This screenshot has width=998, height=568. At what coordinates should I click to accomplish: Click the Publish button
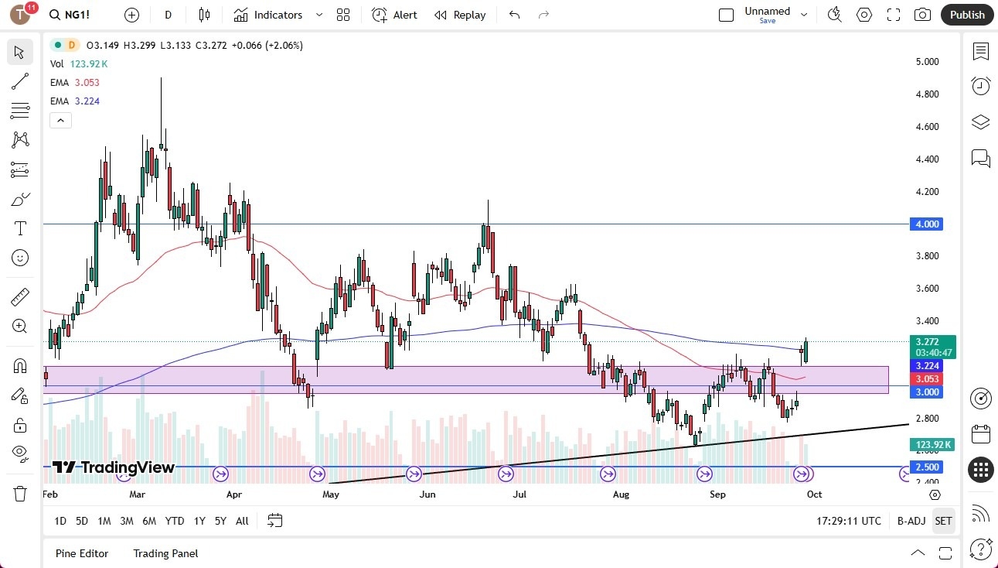coord(967,15)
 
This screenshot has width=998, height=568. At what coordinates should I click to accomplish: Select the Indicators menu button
coord(278,15)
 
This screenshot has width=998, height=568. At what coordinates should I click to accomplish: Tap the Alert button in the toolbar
coord(395,15)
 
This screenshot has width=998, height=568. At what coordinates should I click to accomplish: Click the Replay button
coord(461,15)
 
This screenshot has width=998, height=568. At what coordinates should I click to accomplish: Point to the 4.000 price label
coord(927,224)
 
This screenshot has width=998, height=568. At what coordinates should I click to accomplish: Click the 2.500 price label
coord(927,467)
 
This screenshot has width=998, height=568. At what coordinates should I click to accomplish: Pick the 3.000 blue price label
coord(927,392)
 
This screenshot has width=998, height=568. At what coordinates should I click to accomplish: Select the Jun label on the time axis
coord(427,494)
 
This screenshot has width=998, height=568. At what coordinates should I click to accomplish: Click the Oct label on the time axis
coord(814,494)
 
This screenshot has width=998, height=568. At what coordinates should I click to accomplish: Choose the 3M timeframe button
coord(126,521)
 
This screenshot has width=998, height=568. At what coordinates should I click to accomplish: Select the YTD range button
coord(175,521)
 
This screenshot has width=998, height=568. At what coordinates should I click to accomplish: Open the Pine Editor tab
coord(82,553)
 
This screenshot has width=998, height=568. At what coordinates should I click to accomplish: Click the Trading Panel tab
coord(165,553)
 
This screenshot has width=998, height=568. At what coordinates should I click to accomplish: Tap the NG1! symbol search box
coord(77,15)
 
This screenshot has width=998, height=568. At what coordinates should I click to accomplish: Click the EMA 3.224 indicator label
coord(75,101)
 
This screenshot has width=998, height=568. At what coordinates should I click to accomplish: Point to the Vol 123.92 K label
coord(79,64)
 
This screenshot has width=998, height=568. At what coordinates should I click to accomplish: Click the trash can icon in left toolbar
coord(19,493)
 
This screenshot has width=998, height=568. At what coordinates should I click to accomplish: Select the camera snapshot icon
coord(922,15)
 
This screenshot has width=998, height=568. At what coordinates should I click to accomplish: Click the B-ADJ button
coord(911,521)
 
